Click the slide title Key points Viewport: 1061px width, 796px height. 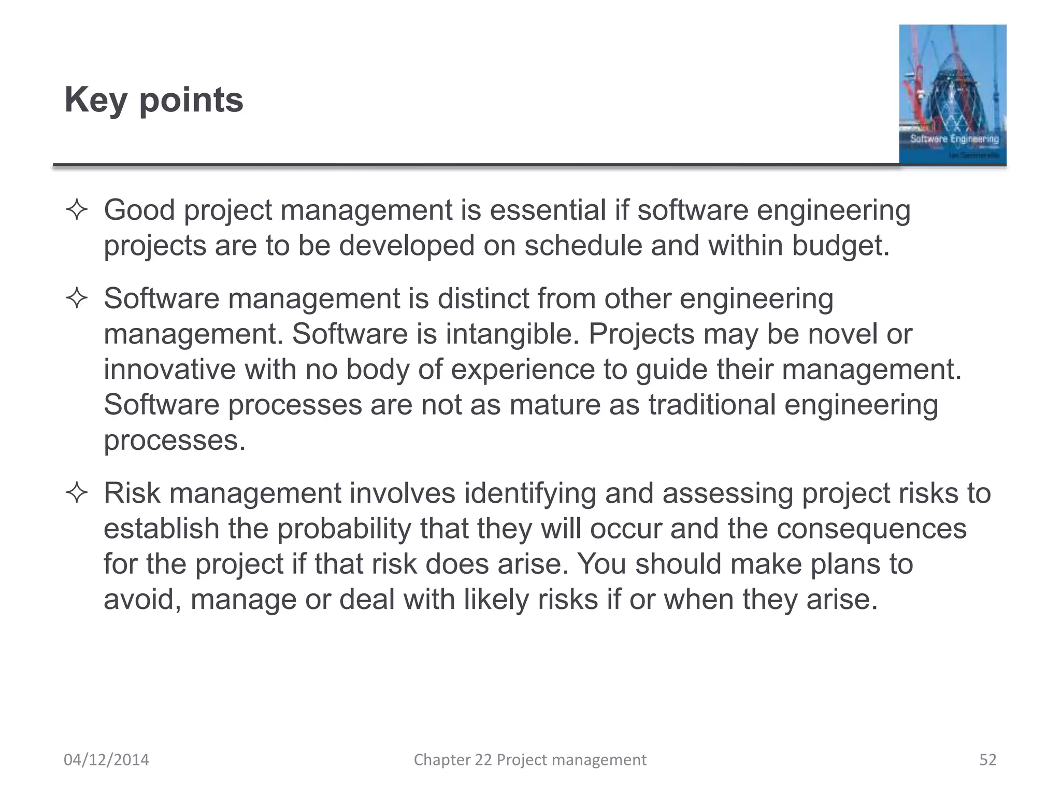click(x=153, y=99)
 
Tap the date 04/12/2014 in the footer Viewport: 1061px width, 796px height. click(x=106, y=760)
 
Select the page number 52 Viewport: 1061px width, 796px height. click(x=988, y=760)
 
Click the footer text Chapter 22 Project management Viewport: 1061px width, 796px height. click(x=530, y=760)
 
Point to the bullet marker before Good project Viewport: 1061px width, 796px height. click(x=77, y=210)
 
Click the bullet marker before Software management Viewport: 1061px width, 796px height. click(x=77, y=299)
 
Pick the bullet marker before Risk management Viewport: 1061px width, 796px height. click(x=77, y=493)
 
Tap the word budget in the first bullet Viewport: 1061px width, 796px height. click(x=839, y=246)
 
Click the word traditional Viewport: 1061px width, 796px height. click(x=712, y=405)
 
